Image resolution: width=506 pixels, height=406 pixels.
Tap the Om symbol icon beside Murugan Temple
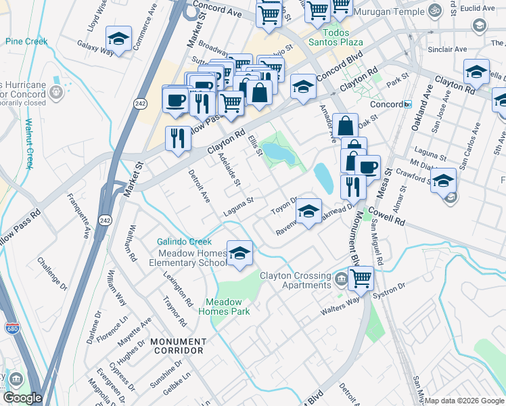434,12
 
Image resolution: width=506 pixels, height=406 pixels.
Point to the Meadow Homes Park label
223,307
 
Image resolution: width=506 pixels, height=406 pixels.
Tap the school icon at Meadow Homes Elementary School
239,253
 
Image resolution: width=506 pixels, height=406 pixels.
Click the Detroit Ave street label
202,186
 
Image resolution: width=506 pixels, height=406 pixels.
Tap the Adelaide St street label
230,170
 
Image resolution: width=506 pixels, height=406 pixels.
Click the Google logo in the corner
22,398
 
